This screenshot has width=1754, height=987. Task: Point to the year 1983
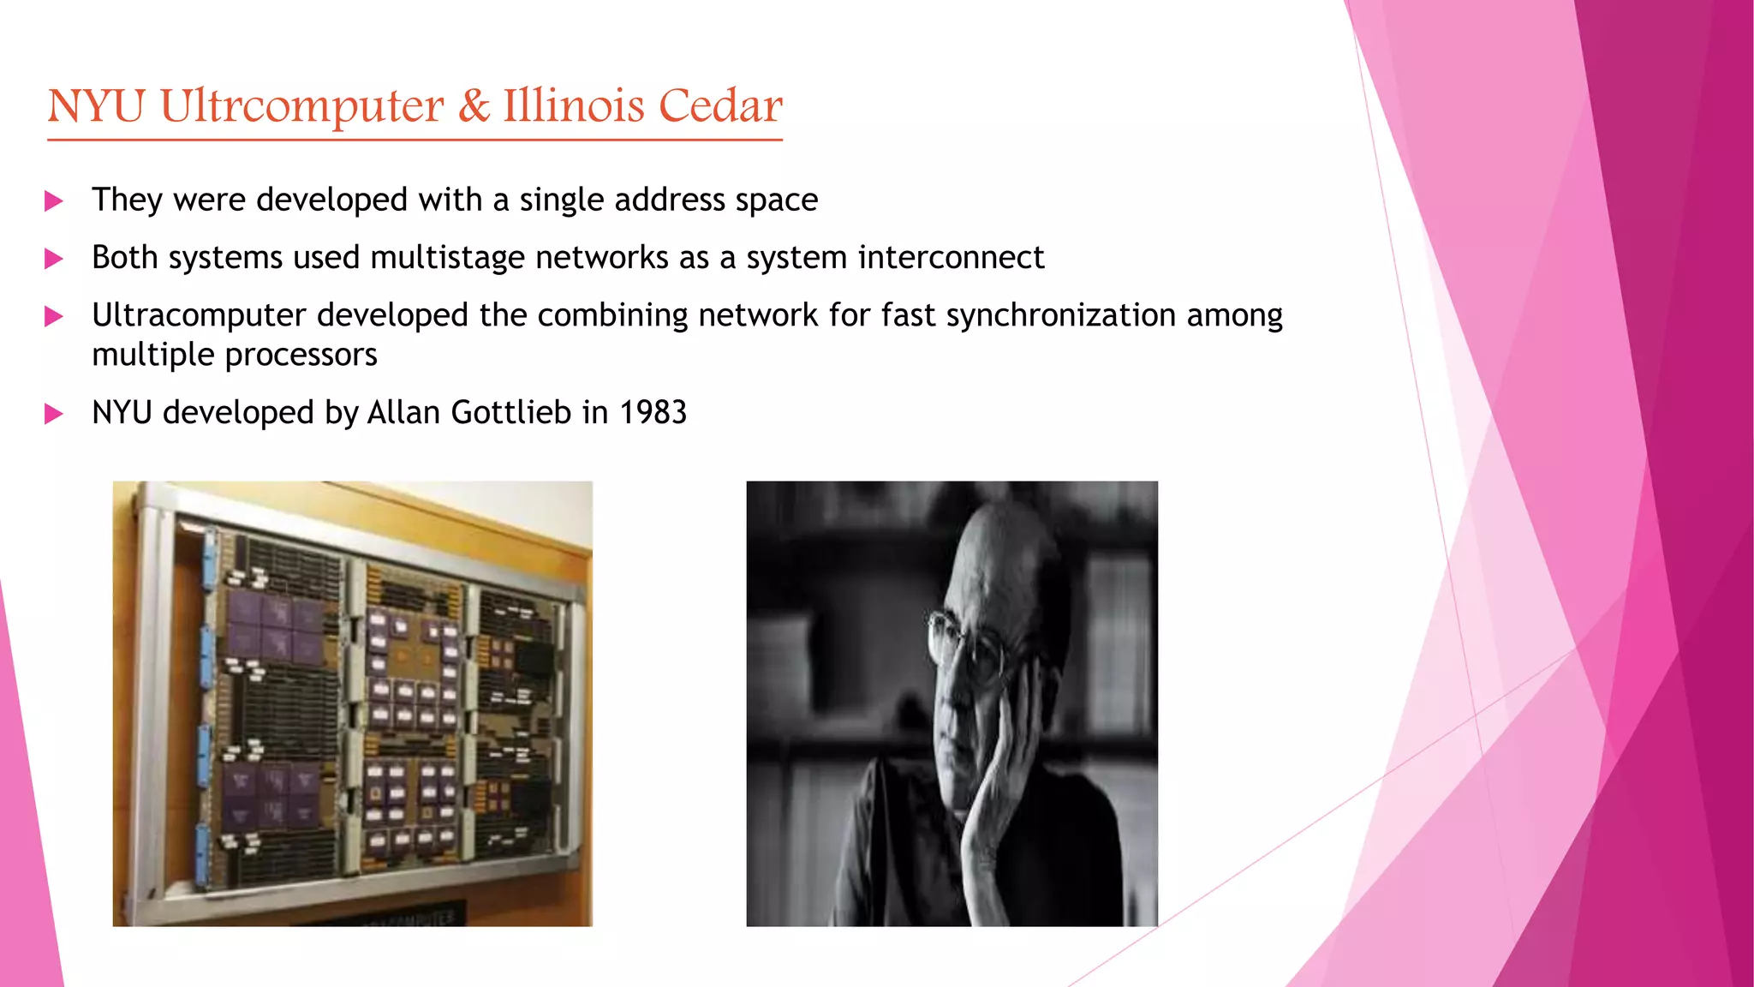[x=653, y=413]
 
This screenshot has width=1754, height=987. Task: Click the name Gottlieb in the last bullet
[x=510, y=413]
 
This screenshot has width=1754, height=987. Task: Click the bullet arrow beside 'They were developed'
[x=54, y=201]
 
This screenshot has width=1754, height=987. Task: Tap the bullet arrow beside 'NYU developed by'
[x=54, y=415]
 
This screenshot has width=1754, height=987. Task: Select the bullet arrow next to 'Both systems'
[x=54, y=259]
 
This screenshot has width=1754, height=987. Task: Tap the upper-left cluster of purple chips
[x=272, y=625]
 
